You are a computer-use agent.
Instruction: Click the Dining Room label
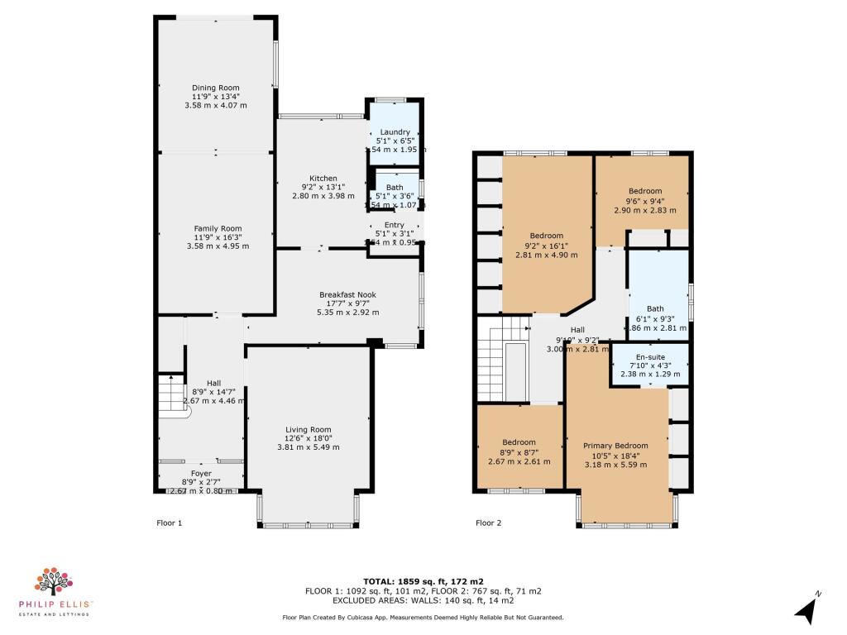pos(216,88)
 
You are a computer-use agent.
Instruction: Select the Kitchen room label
pos(323,179)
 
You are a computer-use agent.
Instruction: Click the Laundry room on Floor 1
pos(395,132)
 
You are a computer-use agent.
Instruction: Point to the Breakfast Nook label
pos(348,294)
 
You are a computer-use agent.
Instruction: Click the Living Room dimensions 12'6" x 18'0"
pos(308,438)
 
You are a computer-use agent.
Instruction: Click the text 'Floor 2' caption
pos(488,523)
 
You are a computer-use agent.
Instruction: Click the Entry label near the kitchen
pos(394,225)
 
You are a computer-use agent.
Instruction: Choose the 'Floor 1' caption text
pos(169,523)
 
